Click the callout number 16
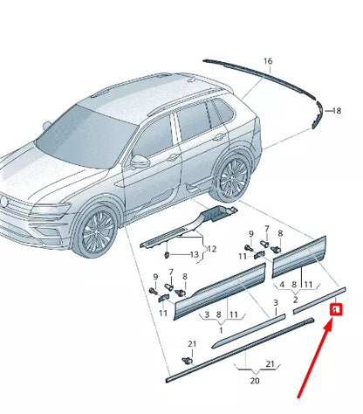[268, 61]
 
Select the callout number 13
[195, 254]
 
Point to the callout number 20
[255, 381]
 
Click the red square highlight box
[335, 308]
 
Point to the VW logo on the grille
[8, 206]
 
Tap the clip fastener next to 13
[167, 255]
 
